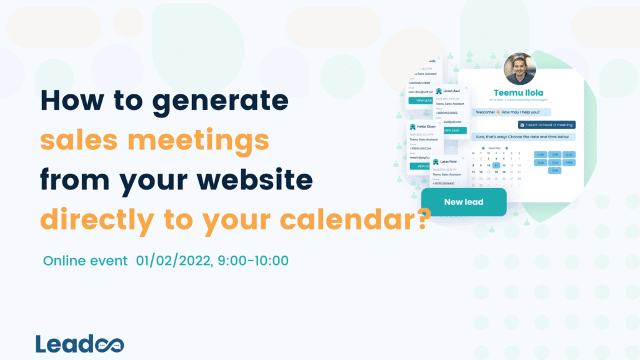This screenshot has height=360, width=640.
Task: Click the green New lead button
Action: point(463,202)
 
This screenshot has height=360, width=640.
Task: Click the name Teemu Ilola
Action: point(519,94)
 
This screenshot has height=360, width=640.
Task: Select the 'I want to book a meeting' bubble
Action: point(546,124)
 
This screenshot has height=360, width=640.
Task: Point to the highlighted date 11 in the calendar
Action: point(496,165)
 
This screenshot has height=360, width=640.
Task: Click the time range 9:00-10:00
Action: point(252,260)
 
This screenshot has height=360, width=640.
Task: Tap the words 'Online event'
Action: point(86,260)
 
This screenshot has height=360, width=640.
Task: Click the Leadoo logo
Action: point(79,343)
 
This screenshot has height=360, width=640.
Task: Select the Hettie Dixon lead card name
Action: point(428,126)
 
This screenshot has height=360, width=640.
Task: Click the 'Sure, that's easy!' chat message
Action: point(522,136)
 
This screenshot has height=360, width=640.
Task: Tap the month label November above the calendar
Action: point(495,147)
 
